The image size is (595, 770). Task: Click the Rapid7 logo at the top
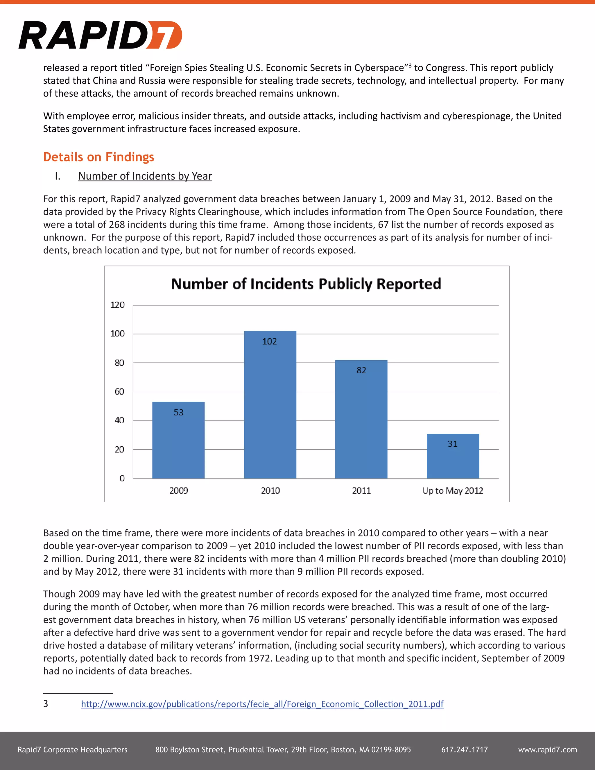tap(101, 35)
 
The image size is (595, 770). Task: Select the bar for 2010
tap(270, 405)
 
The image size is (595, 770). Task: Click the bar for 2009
tap(178, 441)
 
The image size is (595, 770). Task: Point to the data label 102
tap(270, 341)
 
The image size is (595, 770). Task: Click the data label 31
tap(453, 444)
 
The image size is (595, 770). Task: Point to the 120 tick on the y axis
tap(117, 305)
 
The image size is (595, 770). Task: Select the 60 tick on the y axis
tap(119, 391)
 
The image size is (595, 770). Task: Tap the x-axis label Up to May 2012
tap(453, 490)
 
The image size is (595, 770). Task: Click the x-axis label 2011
tap(361, 490)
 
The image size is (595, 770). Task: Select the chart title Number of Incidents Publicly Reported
tap(306, 284)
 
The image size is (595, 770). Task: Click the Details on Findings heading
tap(99, 157)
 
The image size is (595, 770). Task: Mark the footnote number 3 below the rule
tap(46, 704)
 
